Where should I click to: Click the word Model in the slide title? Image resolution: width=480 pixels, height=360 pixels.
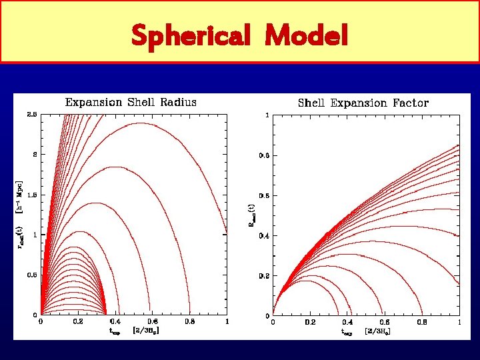(306, 35)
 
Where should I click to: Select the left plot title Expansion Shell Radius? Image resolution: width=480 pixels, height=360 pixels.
(131, 103)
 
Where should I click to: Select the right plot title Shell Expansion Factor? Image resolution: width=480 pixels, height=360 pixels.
(363, 103)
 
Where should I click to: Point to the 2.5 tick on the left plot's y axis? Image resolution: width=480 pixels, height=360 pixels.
(33, 115)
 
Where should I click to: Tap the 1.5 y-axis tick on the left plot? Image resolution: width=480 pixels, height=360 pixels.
(33, 195)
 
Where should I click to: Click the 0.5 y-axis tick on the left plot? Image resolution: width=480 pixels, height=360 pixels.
(33, 275)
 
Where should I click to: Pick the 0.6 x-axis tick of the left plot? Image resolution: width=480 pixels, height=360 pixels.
(153, 322)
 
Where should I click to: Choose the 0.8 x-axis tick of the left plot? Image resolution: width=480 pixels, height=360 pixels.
(190, 322)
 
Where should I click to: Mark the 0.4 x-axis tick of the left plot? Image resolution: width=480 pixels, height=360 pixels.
(115, 322)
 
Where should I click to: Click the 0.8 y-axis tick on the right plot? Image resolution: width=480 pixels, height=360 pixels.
(265, 155)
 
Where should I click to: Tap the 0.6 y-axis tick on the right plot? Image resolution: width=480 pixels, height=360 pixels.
(265, 195)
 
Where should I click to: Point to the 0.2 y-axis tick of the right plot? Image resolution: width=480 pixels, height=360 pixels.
(265, 275)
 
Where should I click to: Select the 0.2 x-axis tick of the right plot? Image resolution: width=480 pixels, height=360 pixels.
(310, 322)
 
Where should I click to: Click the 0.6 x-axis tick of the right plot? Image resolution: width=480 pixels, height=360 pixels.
(385, 322)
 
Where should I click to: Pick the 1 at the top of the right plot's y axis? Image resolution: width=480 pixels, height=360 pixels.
(267, 115)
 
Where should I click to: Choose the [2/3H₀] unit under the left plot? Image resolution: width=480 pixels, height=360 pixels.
(146, 331)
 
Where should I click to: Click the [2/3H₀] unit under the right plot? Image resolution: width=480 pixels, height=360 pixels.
(378, 331)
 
